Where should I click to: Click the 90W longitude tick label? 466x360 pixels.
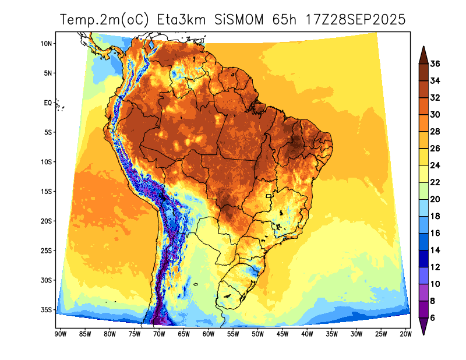tap(59, 334)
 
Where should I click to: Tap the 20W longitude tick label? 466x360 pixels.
tap(406, 334)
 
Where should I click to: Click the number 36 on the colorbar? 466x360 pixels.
tap(435, 63)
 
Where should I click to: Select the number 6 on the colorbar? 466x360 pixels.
tap(433, 318)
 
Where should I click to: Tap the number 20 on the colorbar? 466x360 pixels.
tap(435, 199)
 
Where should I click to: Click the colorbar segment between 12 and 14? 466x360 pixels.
tap(423, 258)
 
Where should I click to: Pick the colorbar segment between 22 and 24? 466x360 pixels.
tap(423, 174)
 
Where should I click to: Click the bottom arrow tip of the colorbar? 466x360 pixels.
tap(423, 334)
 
